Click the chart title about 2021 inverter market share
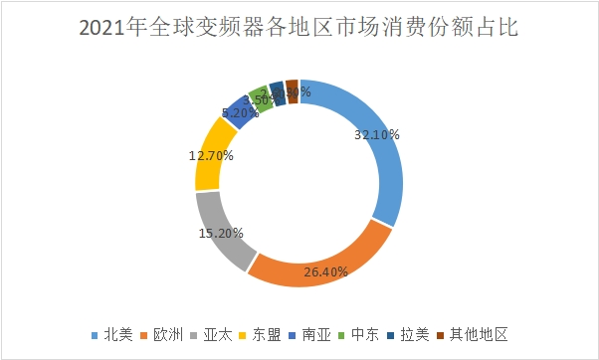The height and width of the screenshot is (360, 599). click(299, 27)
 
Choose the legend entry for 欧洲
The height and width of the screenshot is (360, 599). click(167, 335)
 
